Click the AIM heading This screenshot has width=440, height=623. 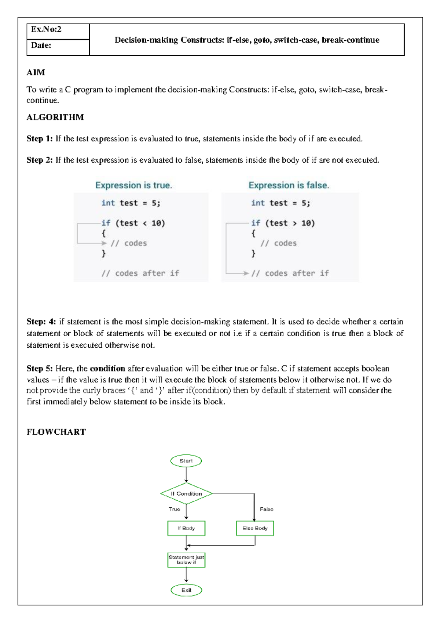[x=36, y=72]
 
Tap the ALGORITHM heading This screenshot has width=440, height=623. [x=55, y=117]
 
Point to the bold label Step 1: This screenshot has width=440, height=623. [x=40, y=139]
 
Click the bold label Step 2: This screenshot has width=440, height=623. [x=40, y=160]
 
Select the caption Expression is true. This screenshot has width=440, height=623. [x=133, y=185]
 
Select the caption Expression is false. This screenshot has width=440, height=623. [x=289, y=185]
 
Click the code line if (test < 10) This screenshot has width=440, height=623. [x=133, y=223]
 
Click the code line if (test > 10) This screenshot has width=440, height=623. [x=283, y=223]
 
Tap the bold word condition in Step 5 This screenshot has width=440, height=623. [x=107, y=369]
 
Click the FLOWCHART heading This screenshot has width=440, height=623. [x=56, y=432]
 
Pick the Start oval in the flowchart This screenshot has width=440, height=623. [x=186, y=461]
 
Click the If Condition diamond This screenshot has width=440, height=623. [x=186, y=494]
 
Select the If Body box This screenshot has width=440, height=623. [x=186, y=528]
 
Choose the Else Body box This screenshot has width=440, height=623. [x=255, y=528]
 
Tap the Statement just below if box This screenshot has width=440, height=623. [x=186, y=560]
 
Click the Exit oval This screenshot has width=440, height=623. [x=186, y=590]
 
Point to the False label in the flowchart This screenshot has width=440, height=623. [x=267, y=509]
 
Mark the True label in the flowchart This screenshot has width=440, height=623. [x=174, y=509]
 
